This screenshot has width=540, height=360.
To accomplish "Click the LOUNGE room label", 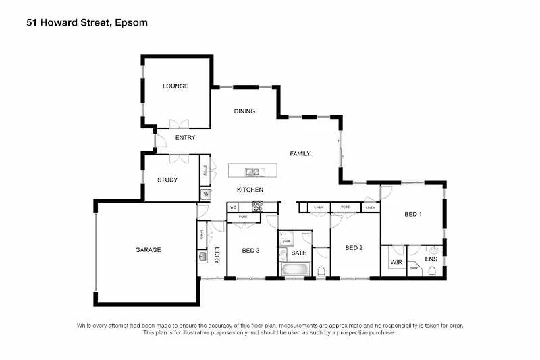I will click(x=175, y=86).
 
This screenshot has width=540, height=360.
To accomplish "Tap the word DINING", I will click(x=244, y=111).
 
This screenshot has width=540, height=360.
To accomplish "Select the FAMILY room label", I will click(x=300, y=154).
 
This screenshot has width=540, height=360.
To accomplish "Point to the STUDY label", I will click(x=167, y=180).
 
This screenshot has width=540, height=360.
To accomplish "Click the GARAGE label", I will click(x=148, y=250).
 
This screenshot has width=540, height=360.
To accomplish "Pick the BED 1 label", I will click(x=412, y=215).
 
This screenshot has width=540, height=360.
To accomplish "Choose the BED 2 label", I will click(x=354, y=248).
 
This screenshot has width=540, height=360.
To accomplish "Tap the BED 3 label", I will click(x=250, y=251).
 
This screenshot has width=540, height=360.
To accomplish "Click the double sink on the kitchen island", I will click(x=252, y=172).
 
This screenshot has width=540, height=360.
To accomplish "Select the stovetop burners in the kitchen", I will click(x=257, y=207).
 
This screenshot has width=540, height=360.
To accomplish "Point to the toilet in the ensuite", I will click(x=432, y=272).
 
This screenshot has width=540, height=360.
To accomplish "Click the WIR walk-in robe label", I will click(x=395, y=261).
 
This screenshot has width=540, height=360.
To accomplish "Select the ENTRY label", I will click(x=185, y=138).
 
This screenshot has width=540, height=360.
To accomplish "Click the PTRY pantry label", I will click(x=204, y=172).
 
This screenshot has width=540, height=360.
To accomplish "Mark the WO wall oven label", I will click(x=234, y=207).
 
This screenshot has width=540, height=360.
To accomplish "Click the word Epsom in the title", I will click(x=130, y=22).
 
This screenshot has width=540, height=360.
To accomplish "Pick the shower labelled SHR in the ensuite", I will click(x=414, y=268).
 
